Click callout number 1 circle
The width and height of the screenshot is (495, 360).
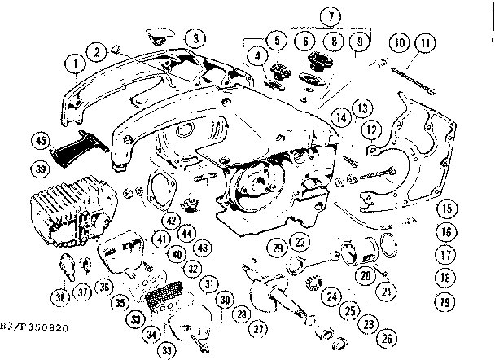click(x=75, y=62)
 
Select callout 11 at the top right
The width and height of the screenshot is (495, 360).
click(x=424, y=44)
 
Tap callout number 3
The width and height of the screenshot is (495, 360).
click(x=194, y=37)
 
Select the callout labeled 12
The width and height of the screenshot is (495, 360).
click(x=371, y=128)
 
